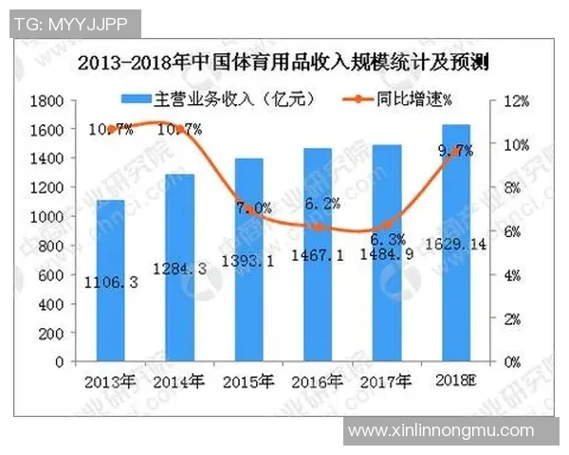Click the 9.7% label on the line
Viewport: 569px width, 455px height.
(x=455, y=151)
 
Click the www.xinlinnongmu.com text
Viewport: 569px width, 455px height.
(x=441, y=431)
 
